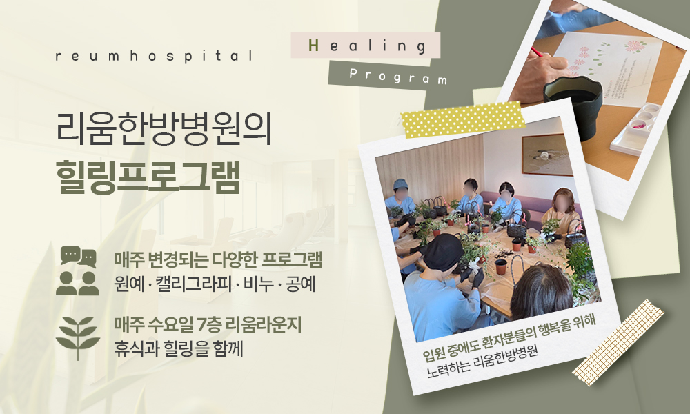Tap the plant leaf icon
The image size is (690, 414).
(x=77, y=336)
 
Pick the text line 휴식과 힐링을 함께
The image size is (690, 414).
(x=179, y=347)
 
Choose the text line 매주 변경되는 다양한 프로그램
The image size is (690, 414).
(x=219, y=260)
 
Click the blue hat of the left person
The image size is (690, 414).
(x=401, y=184)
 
